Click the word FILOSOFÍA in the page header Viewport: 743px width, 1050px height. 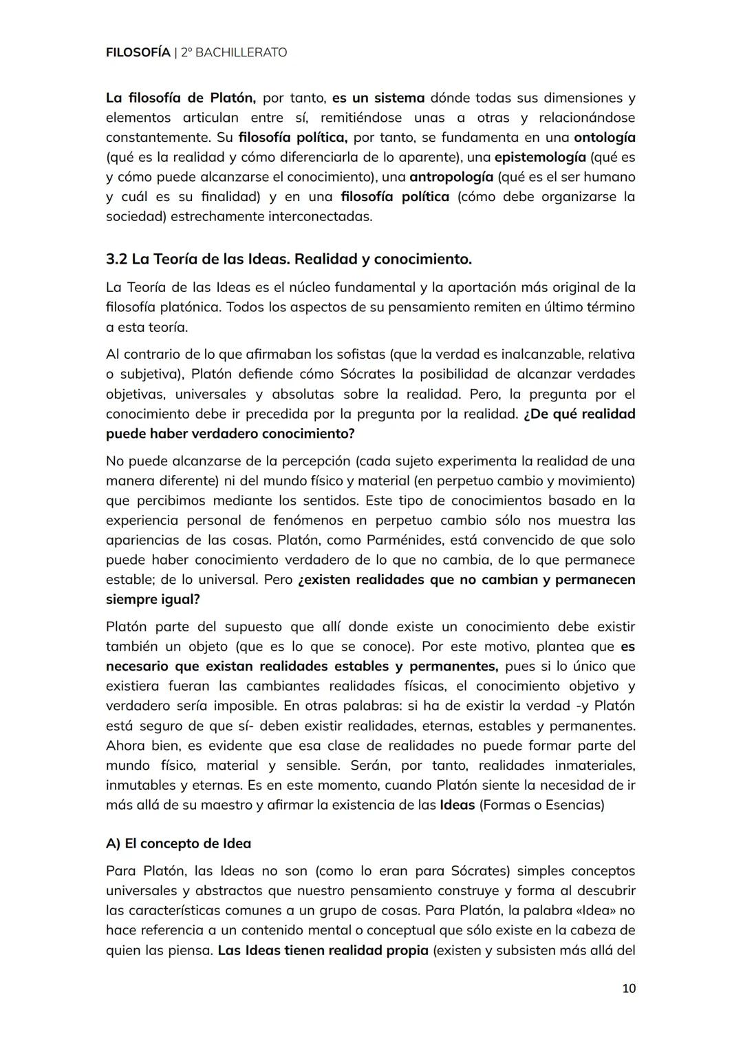(x=138, y=52)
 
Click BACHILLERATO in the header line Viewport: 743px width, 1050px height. (x=241, y=52)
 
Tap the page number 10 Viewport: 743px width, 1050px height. (x=628, y=989)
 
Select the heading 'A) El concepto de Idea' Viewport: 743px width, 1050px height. (x=178, y=843)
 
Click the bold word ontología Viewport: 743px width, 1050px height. (x=604, y=137)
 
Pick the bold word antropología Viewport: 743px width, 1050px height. (x=451, y=177)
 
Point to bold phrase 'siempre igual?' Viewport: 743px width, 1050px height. (x=153, y=600)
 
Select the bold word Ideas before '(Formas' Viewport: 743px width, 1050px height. (x=457, y=805)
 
